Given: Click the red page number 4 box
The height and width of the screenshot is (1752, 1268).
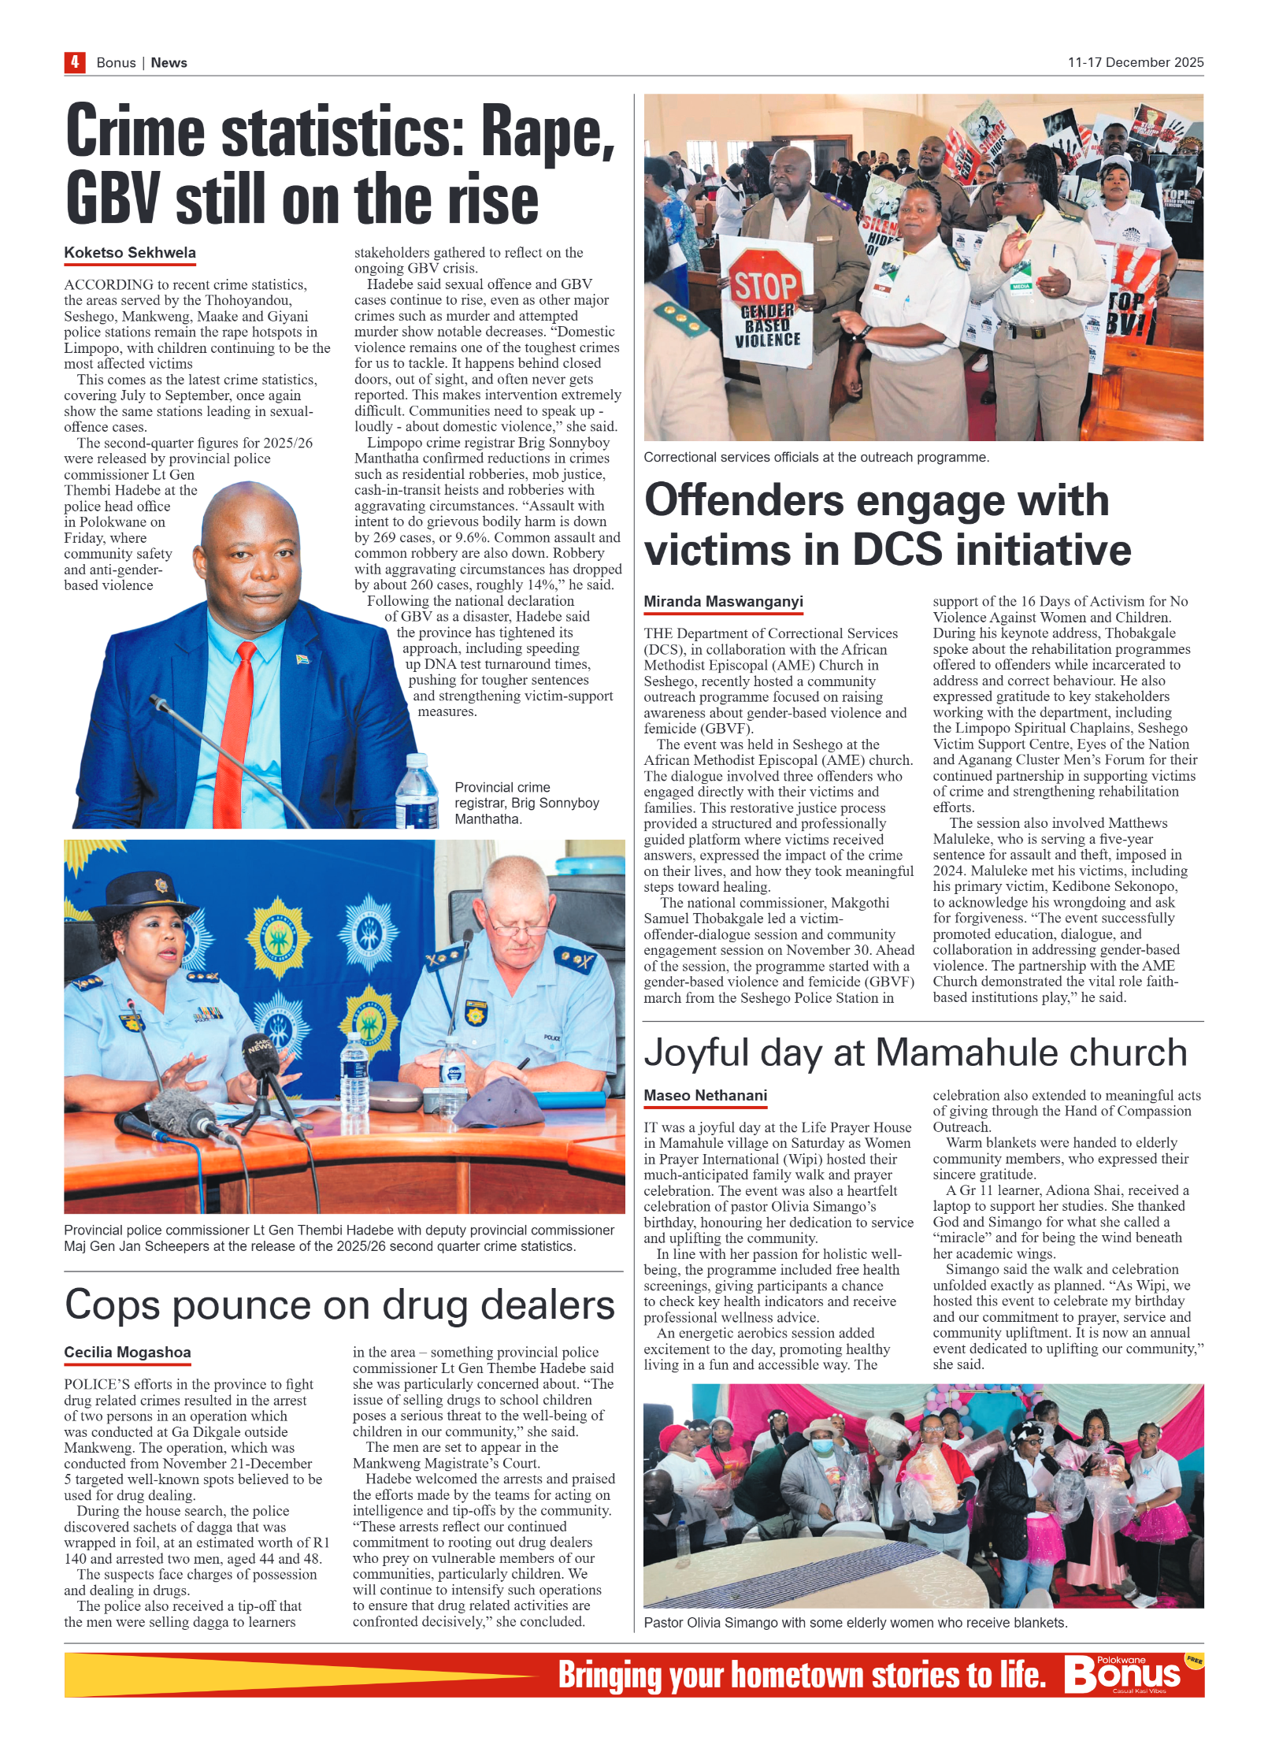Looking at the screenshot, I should pyautogui.click(x=75, y=62).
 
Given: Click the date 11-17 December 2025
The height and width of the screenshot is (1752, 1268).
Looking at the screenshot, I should pyautogui.click(x=1135, y=62).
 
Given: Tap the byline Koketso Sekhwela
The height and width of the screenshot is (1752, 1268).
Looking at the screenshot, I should pyautogui.click(x=130, y=253).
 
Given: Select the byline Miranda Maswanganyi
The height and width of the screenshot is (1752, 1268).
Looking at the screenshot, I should pyautogui.click(x=723, y=602).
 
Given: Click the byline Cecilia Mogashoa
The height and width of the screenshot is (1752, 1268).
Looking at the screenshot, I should pyautogui.click(x=128, y=1353).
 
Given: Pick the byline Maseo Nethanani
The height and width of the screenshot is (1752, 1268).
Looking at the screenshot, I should pyautogui.click(x=705, y=1096).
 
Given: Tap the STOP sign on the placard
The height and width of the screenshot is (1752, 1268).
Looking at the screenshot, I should pyautogui.click(x=765, y=285).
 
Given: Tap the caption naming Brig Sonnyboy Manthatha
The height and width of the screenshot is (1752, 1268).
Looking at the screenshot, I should pyautogui.click(x=526, y=803).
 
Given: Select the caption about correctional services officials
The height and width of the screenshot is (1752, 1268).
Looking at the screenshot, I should pyautogui.click(x=816, y=458).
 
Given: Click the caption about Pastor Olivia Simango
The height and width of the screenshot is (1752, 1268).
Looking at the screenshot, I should pyautogui.click(x=855, y=1623).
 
